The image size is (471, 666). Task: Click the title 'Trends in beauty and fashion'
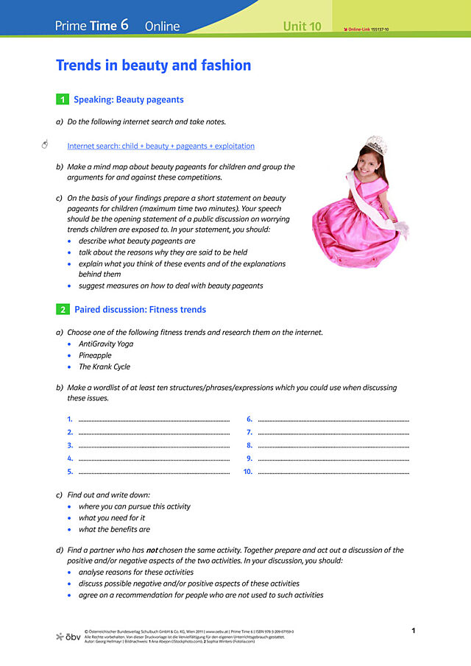pos(153,65)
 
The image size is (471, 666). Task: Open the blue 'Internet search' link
pos(160,146)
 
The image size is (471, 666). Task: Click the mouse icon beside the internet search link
pos(45,144)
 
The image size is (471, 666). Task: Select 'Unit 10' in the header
pos(302,26)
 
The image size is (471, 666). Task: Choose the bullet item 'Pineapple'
pos(95,355)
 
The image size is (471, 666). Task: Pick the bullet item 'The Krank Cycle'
pos(105,367)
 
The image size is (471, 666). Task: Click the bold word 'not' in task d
pos(152,550)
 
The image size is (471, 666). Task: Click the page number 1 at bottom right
pos(414,631)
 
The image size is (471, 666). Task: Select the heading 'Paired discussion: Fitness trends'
pos(140,310)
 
